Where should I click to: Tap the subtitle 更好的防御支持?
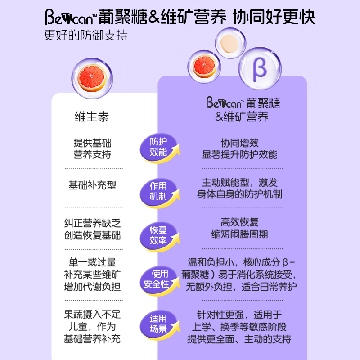tap(86, 36)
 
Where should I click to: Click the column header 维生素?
tap(92, 117)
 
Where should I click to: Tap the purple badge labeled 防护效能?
tap(158, 147)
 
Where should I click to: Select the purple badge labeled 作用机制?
tap(158, 191)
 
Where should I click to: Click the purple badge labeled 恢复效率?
tap(158, 235)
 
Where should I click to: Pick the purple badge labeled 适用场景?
tap(158, 324)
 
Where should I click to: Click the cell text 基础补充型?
tap(92, 185)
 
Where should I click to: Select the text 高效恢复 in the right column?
tap(239, 222)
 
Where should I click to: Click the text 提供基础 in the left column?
tap(92, 144)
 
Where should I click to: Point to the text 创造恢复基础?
tap(92, 235)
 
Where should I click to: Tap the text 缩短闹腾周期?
tap(239, 234)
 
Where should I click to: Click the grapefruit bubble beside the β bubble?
tap(207, 66)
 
